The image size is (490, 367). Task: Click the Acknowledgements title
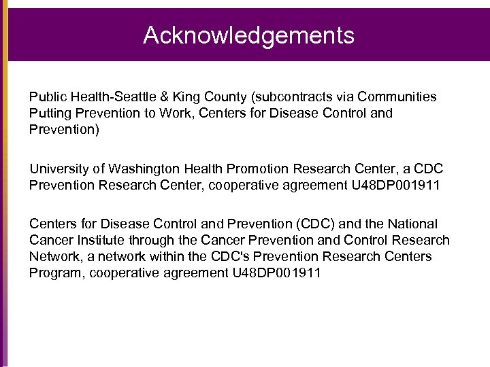[248, 35]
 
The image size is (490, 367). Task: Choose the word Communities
[397, 97]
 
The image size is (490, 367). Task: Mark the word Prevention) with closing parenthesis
[64, 130]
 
